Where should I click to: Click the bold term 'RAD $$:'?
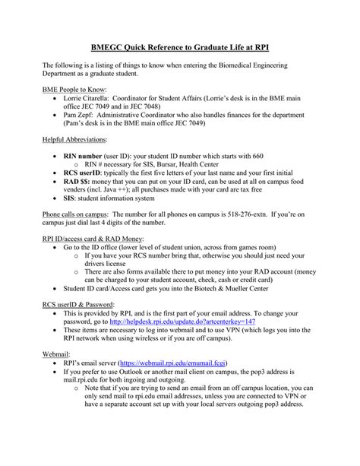[80, 183]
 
